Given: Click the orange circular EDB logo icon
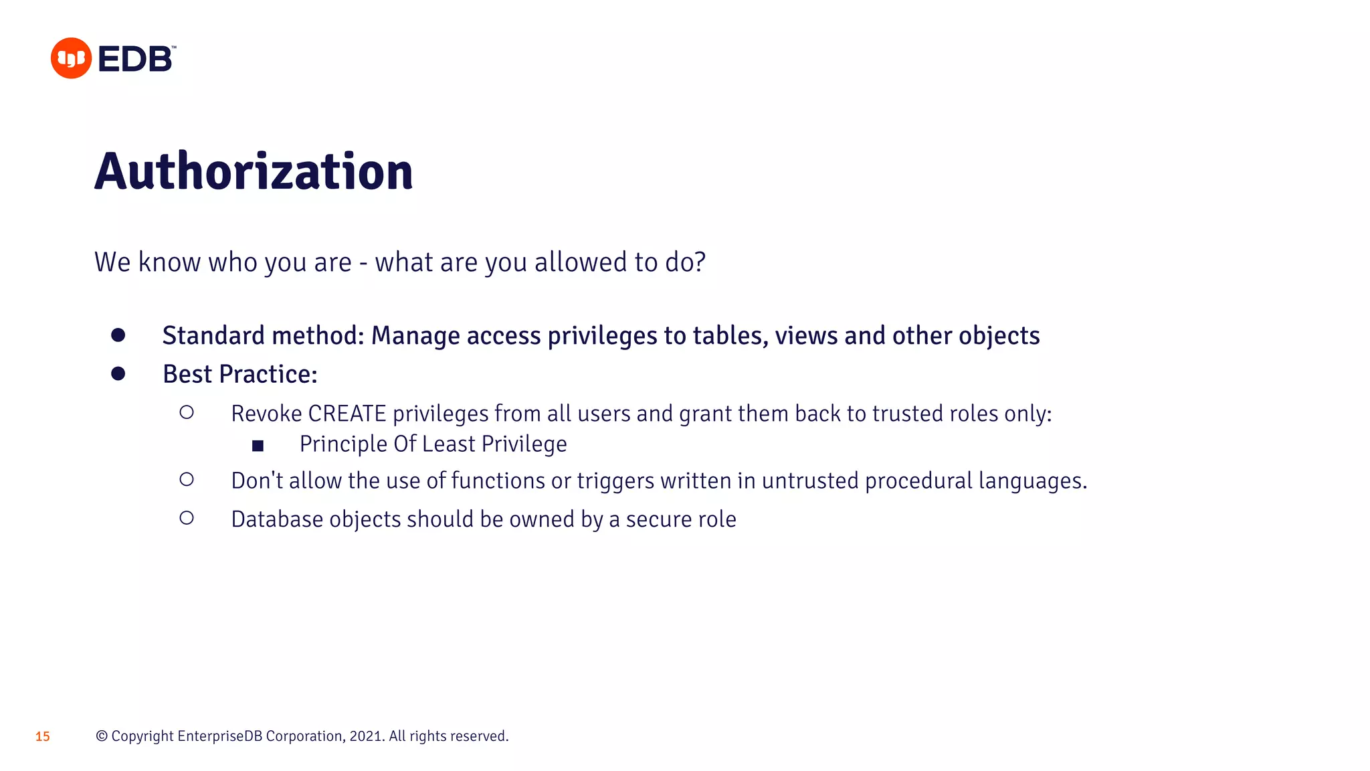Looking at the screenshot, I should pyautogui.click(x=71, y=58).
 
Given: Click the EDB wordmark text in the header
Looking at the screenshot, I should pyautogui.click(x=136, y=59).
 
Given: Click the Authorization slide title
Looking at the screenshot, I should pyautogui.click(x=254, y=172).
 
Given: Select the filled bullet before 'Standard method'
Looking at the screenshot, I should pyautogui.click(x=118, y=335).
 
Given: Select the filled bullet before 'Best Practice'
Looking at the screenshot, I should pyautogui.click(x=118, y=374).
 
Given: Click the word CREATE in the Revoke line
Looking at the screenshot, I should pyautogui.click(x=347, y=414).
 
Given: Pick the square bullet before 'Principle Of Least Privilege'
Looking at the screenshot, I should pyautogui.click(x=258, y=446).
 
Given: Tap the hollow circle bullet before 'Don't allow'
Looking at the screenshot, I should pyautogui.click(x=187, y=479).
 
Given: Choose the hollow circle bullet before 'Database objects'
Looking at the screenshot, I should pyautogui.click(x=187, y=518).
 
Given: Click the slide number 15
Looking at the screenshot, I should pyautogui.click(x=43, y=737).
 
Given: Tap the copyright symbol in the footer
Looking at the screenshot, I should pyautogui.click(x=102, y=736).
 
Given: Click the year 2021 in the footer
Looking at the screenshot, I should pyautogui.click(x=365, y=736).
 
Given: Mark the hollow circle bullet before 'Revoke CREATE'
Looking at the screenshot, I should pyautogui.click(x=187, y=412).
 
